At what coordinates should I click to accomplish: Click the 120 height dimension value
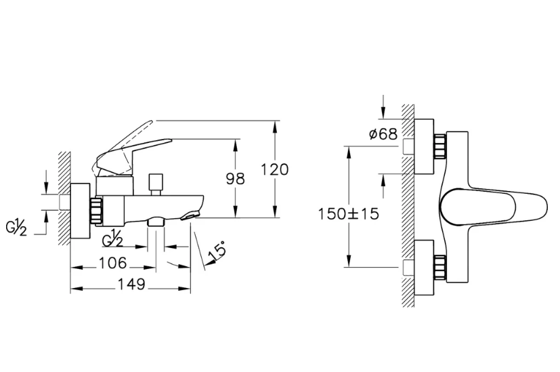pos(275,169)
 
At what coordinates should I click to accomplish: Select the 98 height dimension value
pos(235,178)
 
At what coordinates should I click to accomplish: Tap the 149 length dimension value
pos(131,285)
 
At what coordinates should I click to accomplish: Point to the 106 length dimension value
pos(112,262)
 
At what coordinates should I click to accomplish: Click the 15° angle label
pos(217,252)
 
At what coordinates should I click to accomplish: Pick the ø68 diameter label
pos(383,134)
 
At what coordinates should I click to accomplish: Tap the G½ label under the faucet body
pos(112,240)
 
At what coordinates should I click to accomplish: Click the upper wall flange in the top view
pos(423,148)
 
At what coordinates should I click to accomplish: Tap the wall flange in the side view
pos(81,211)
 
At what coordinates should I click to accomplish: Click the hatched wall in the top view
pos(408,203)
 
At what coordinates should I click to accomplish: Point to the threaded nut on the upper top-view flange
pos(440,147)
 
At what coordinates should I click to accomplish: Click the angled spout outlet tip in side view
pos(192,215)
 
